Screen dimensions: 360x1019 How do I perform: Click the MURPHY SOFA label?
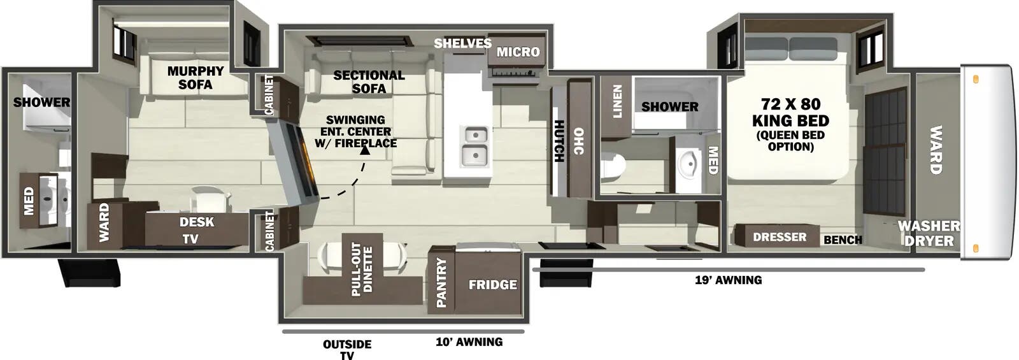(x=195, y=78)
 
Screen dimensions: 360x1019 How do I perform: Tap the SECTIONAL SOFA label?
(x=369, y=82)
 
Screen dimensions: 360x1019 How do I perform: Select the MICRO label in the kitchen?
(x=518, y=52)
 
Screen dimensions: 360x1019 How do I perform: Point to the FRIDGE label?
(x=492, y=285)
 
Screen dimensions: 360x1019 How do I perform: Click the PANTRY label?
(x=441, y=282)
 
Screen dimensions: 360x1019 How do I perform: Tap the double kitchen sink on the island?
(x=475, y=145)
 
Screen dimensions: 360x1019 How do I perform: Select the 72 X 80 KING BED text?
(x=790, y=112)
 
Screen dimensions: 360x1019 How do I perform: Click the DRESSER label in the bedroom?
(x=780, y=237)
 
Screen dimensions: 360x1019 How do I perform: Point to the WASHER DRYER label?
(x=929, y=233)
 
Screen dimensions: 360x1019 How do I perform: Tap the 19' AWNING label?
(x=728, y=280)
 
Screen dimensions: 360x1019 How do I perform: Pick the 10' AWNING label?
(x=469, y=342)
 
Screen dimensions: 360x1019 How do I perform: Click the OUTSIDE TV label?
(x=347, y=349)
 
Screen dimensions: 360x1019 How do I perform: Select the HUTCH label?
(x=559, y=141)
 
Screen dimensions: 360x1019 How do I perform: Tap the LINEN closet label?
(x=616, y=102)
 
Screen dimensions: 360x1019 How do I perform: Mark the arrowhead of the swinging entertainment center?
(x=365, y=151)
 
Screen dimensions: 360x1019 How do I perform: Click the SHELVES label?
(x=462, y=43)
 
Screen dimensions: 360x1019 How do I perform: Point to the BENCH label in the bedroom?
(x=843, y=240)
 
